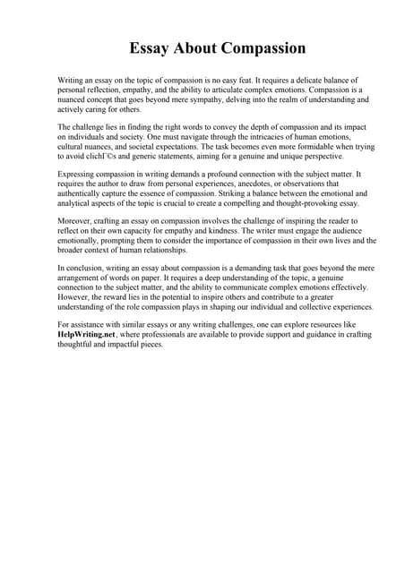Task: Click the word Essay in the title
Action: tap(151, 48)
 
